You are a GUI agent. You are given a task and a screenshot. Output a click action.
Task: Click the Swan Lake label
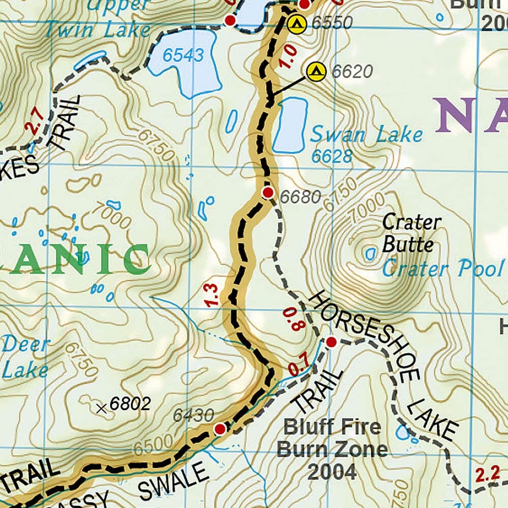tap(366, 135)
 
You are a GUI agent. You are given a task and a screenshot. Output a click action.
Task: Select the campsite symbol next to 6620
tap(316, 72)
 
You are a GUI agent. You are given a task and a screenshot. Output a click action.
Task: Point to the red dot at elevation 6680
tap(268, 193)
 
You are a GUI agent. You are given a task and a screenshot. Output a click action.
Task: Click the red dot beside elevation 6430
tap(219, 429)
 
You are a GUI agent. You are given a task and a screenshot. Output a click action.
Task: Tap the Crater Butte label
tap(410, 234)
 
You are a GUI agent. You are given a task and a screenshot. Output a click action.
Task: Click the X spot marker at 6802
tap(102, 407)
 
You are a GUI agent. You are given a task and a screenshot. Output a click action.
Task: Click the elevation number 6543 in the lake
tap(183, 55)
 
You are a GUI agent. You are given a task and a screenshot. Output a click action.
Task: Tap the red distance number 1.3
tap(212, 295)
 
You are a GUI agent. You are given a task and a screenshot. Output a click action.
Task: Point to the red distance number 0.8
tap(292, 319)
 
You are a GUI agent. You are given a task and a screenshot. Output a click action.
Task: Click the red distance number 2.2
tap(488, 475)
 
